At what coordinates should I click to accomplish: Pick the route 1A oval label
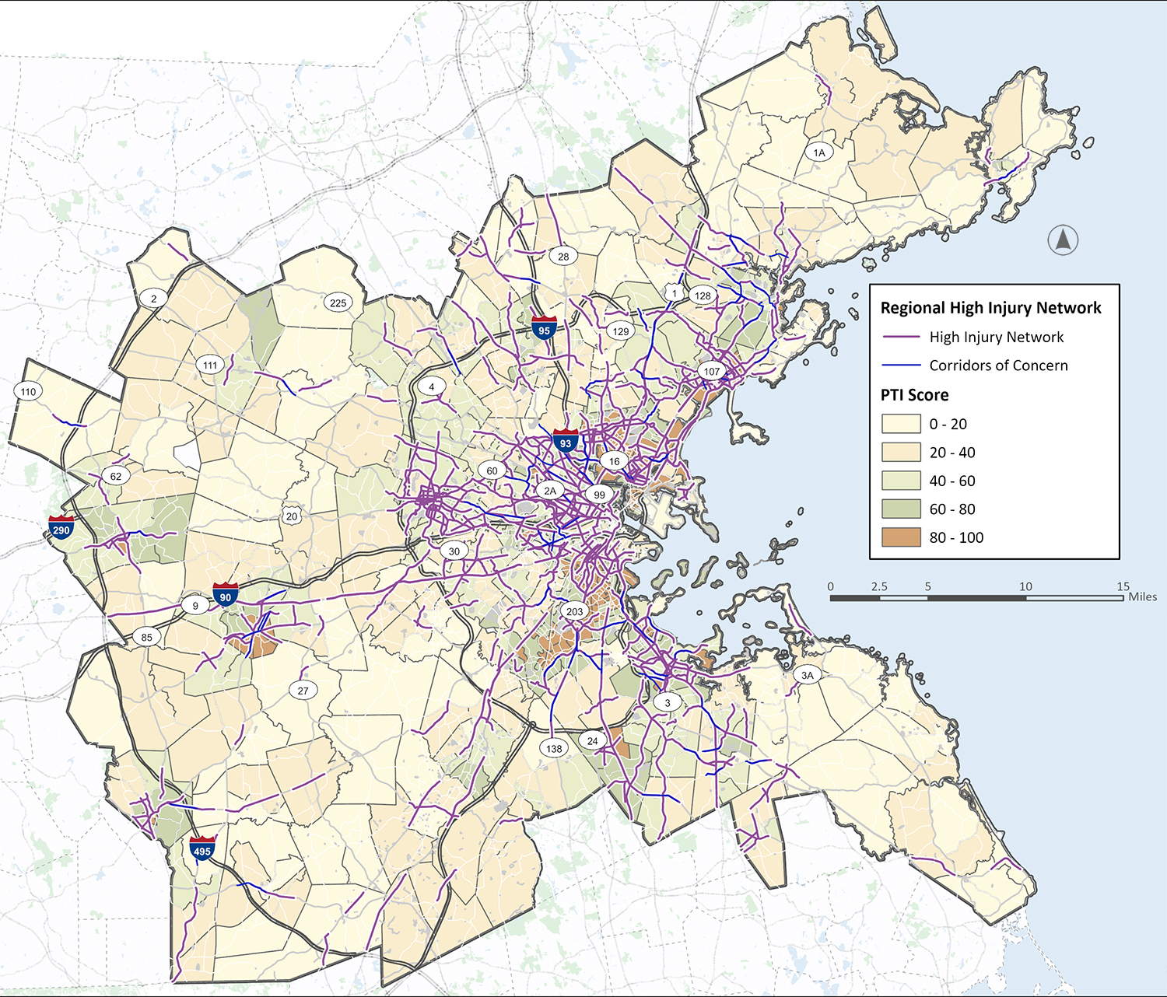[x=819, y=152]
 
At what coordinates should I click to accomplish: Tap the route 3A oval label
[x=808, y=675]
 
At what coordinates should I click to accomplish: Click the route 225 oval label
[x=338, y=303]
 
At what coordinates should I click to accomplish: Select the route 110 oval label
[x=28, y=391]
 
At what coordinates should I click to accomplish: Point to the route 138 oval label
[x=554, y=748]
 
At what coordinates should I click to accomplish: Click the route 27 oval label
[x=303, y=690]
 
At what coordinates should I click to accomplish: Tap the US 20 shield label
[x=292, y=516]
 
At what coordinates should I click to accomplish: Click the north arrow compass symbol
[x=1063, y=240]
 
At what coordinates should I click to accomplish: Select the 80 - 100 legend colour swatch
[x=901, y=537]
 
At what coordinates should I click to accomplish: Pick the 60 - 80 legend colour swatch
[x=901, y=509]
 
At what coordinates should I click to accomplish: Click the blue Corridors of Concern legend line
[x=901, y=366]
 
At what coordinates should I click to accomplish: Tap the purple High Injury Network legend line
[x=901, y=337]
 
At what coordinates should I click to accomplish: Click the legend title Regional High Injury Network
[x=990, y=308]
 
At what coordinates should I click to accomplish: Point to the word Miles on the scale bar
[x=1142, y=596]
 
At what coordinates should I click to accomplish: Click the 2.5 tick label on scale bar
[x=879, y=586]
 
